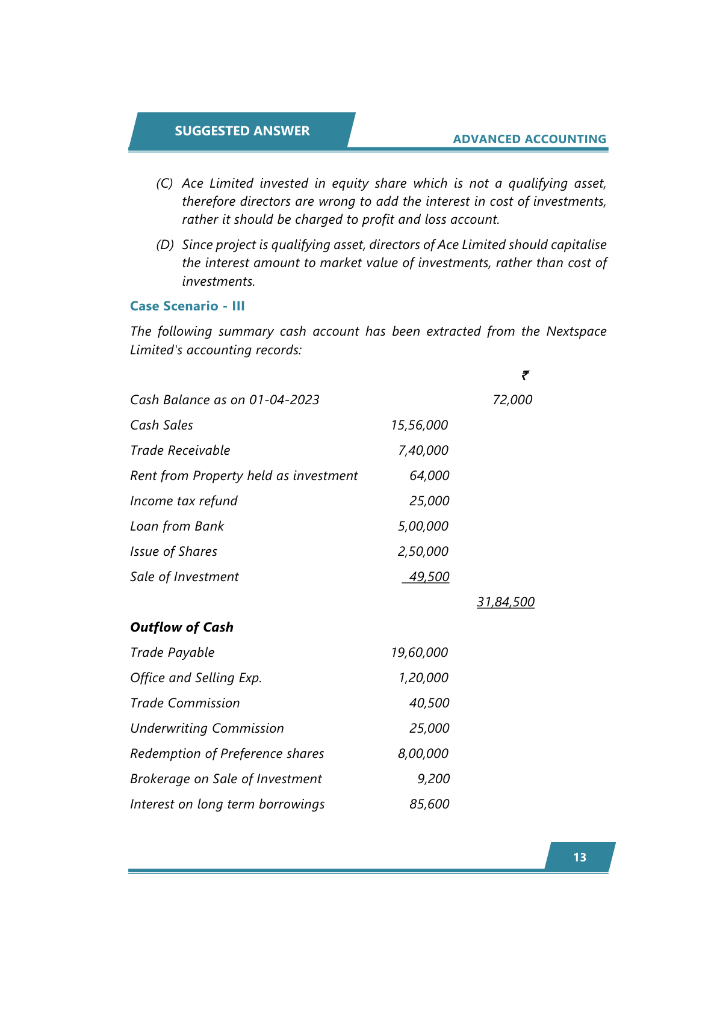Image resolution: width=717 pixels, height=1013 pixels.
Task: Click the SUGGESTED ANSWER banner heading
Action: coord(242,131)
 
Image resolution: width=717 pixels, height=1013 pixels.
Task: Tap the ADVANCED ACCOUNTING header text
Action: coord(529,139)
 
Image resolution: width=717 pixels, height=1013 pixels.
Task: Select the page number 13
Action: coord(580,857)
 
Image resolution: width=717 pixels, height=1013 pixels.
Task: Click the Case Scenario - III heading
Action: coord(187,306)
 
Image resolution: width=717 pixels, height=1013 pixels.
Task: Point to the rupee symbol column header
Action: coord(526,375)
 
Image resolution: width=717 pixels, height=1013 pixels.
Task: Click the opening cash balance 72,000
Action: coord(512,400)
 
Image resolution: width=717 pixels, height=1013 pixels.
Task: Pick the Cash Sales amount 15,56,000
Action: coord(420,425)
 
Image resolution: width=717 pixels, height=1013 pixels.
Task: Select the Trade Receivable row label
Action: coord(180,451)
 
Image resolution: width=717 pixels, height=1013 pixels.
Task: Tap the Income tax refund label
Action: coord(184,501)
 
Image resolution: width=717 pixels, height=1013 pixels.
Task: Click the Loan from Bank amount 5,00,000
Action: coord(423,526)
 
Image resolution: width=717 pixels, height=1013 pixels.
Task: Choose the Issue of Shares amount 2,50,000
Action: coord(423,552)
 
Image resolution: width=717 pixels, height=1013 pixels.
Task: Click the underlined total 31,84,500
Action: coord(506,602)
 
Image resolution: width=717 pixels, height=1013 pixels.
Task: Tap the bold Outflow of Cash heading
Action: coord(182,627)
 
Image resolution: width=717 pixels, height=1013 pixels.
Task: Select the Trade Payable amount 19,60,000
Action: coord(420,653)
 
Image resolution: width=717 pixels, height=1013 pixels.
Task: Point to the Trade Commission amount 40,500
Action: coord(429,703)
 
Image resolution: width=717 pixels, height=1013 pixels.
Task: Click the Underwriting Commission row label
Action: coord(207,728)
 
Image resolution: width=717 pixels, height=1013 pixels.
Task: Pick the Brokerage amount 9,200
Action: coord(433,779)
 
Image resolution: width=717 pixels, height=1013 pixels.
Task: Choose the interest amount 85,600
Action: coord(429,804)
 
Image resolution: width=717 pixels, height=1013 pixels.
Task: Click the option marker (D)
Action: coord(165,245)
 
